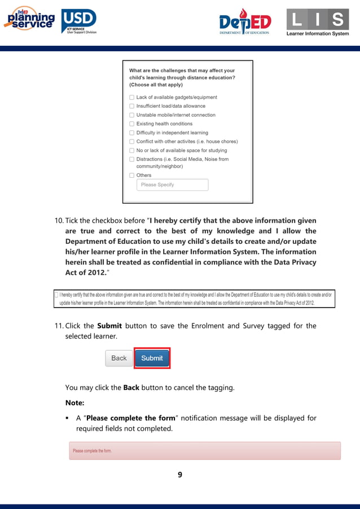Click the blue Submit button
coord(152,358)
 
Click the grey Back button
coord(119,358)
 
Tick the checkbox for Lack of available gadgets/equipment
coord(131,97)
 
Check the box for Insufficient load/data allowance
coord(131,106)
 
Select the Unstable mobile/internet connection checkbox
coord(131,115)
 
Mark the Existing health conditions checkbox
coord(131,124)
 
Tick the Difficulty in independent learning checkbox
coord(131,133)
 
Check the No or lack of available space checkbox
coord(131,151)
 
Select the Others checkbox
coord(131,175)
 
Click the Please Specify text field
coord(172,185)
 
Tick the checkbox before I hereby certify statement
coord(56,295)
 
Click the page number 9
coord(180,475)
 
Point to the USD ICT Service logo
coord(79,21)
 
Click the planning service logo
coord(29,20)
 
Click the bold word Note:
coord(74,403)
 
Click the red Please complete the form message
coord(205,451)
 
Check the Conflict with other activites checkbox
coord(131,142)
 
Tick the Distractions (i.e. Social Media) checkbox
coord(131,159)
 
